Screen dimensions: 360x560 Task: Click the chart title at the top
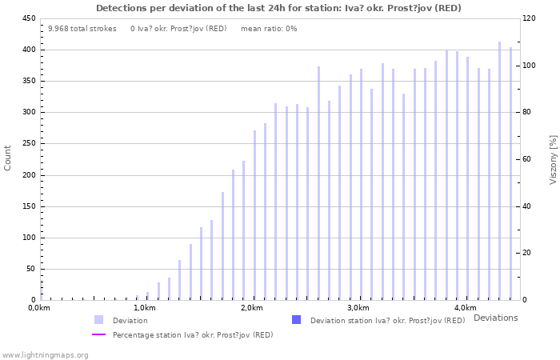point(278,8)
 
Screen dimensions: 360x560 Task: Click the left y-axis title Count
point(8,158)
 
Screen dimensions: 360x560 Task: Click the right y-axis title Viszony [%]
point(553,159)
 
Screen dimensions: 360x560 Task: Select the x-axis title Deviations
point(495,318)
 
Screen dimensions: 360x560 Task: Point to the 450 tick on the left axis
point(28,18)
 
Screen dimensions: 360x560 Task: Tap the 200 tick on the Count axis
point(28,175)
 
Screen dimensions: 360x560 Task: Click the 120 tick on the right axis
point(530,18)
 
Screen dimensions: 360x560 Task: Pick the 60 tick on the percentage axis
point(528,159)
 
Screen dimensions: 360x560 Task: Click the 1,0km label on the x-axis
point(145,308)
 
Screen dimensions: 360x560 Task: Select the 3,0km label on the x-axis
point(358,308)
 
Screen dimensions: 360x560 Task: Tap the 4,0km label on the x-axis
point(465,308)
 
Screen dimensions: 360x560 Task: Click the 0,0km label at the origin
point(40,308)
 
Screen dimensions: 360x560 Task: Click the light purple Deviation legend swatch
point(98,320)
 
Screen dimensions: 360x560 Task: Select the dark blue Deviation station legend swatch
point(296,320)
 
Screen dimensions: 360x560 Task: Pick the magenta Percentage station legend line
point(98,334)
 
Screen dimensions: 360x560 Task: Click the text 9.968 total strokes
point(82,29)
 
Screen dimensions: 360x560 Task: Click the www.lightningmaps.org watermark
point(46,354)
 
